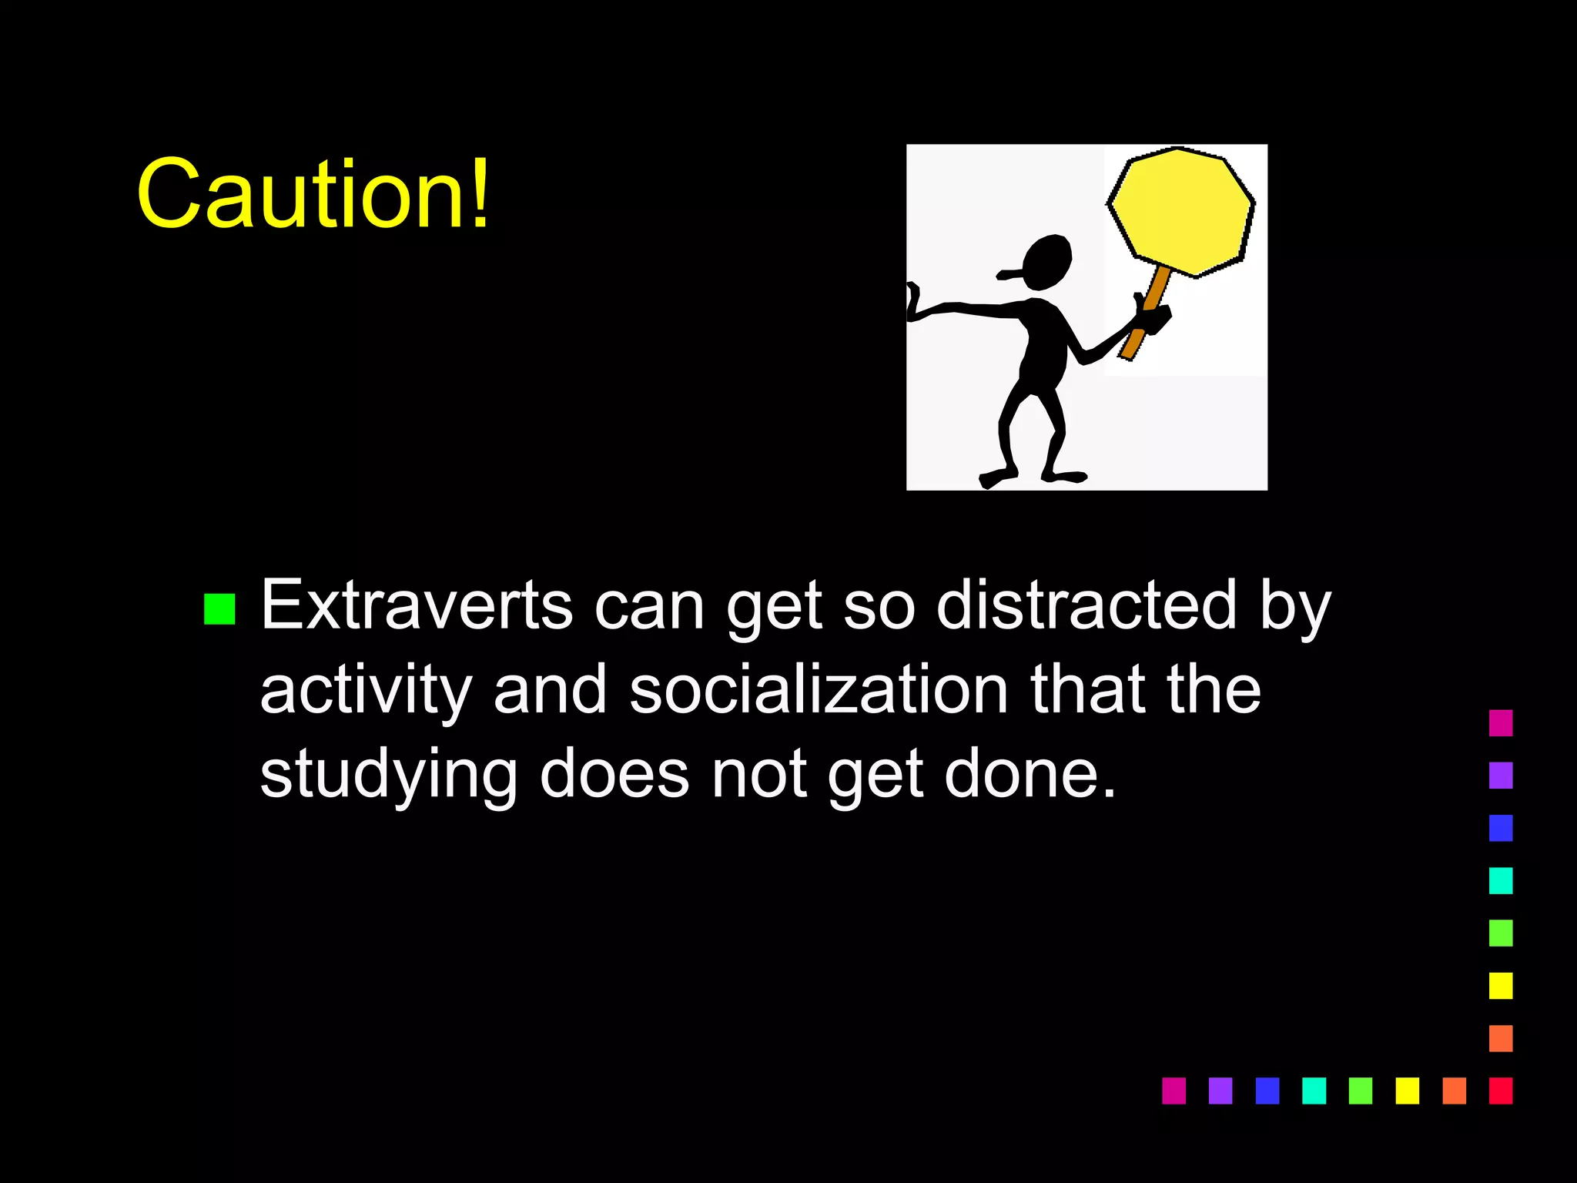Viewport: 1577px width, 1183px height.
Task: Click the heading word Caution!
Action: tap(313, 193)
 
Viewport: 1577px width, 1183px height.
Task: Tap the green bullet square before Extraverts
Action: tap(219, 608)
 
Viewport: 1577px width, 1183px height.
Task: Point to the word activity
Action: tap(366, 691)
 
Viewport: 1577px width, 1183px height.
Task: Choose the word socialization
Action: tap(819, 689)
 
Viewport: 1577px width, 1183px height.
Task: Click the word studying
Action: tap(389, 776)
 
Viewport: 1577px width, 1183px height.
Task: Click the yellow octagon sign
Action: tap(1181, 211)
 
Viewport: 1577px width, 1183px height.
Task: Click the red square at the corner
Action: tap(1500, 1091)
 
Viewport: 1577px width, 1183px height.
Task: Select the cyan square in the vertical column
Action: tap(1500, 880)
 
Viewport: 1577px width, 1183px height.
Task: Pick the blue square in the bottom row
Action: tap(1267, 1091)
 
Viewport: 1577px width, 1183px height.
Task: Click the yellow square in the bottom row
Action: tap(1407, 1091)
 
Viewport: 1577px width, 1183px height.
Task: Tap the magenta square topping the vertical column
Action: tap(1500, 722)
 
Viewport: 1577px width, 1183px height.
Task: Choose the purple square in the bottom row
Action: tap(1220, 1091)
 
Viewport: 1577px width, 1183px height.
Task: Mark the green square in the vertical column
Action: tap(1500, 933)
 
